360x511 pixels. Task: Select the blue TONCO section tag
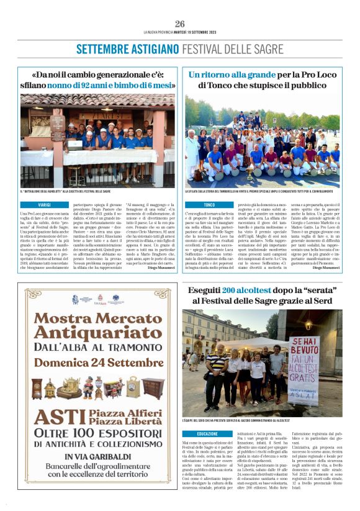[x=209, y=204]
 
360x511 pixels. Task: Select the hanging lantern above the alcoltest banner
[x=308, y=324]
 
